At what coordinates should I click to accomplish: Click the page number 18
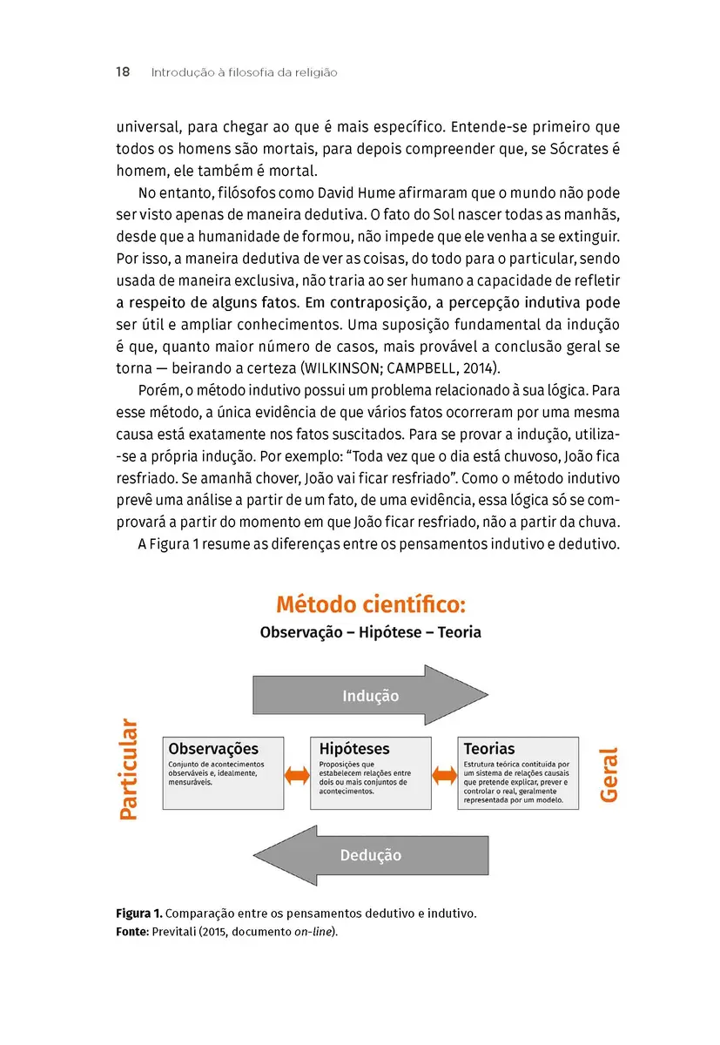123,72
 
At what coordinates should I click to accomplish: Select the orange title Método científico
371,603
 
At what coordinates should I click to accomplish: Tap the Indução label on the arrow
370,696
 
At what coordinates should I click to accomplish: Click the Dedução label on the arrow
370,855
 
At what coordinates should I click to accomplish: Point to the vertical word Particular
128,769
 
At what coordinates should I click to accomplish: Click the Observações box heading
212,749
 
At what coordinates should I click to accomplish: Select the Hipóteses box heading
354,749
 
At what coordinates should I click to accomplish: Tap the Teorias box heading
488,749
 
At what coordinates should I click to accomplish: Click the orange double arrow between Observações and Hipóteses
298,774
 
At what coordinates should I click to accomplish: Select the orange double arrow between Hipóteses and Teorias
445,774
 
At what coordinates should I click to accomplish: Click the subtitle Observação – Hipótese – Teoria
370,632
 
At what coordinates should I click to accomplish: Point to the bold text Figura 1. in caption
138,914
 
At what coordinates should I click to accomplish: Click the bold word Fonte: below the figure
132,932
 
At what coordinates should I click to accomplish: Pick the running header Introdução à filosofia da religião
244,72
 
